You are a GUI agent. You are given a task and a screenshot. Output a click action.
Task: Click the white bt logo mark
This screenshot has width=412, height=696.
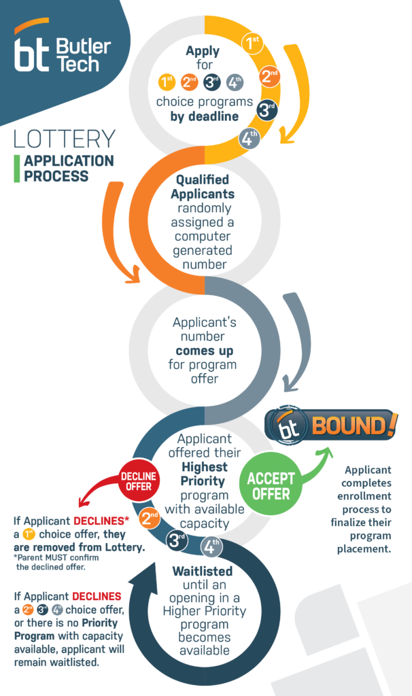[32, 53]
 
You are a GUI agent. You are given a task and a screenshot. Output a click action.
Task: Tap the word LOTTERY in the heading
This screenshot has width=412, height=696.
[64, 139]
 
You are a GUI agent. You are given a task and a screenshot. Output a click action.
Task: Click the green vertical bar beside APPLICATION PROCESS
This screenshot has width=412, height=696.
[16, 169]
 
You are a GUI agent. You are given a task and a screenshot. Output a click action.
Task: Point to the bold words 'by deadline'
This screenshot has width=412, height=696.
[205, 116]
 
